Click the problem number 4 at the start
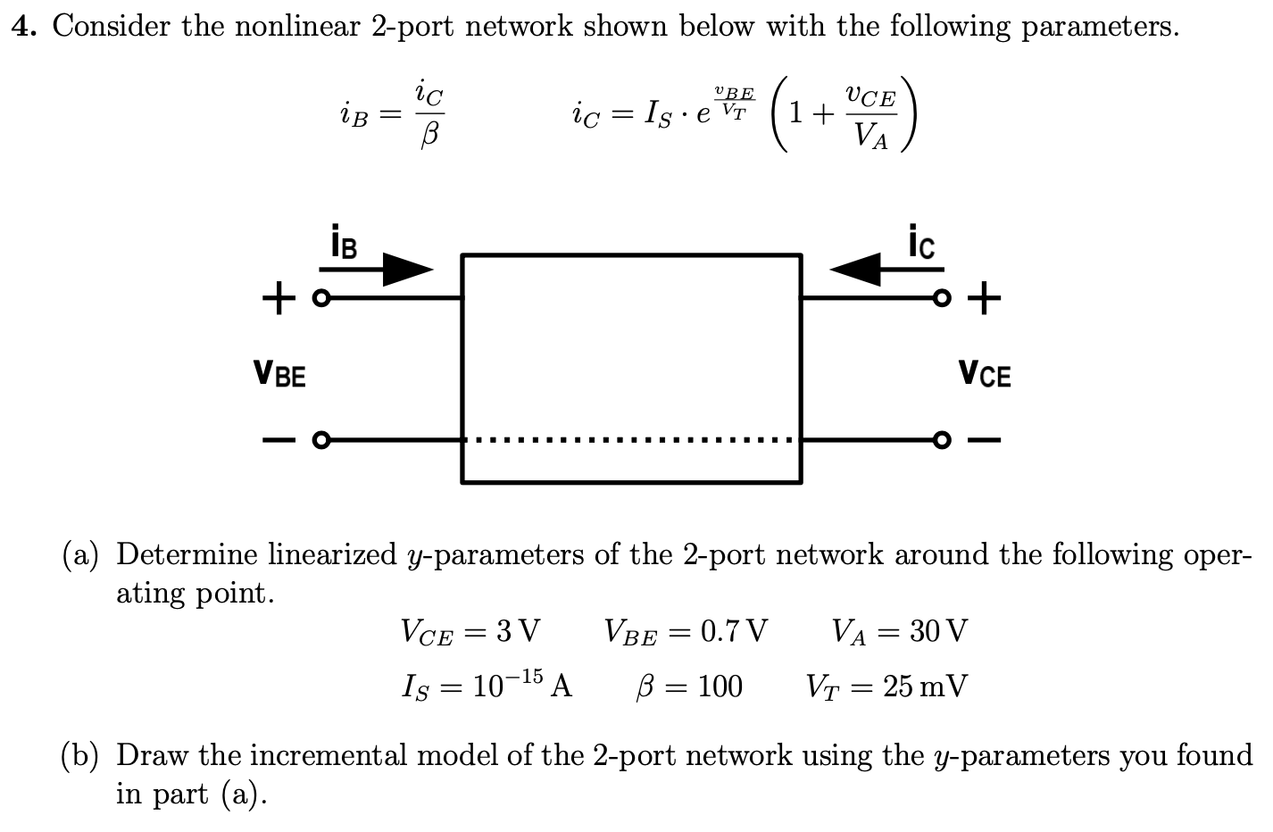pos(24,27)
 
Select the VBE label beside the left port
pos(279,372)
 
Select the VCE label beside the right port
pos(985,372)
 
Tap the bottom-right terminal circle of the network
pos(939,439)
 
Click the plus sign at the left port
pos(279,296)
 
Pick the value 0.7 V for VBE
pos(733,632)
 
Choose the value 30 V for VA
pos(937,632)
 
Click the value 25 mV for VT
pos(925,686)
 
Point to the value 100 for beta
pos(720,686)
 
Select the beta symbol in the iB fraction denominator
pos(429,137)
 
